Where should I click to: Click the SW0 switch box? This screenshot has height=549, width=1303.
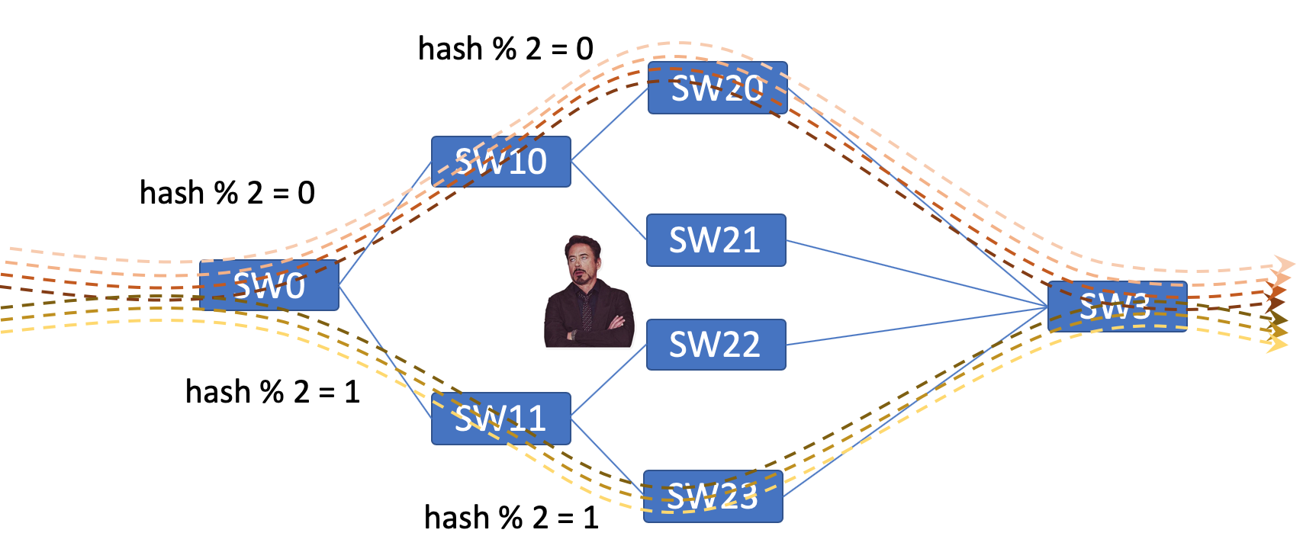[269, 285]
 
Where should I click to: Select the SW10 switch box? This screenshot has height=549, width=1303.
[501, 162]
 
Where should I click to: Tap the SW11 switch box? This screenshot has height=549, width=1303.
[501, 419]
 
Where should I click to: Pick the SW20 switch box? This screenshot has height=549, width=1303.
[718, 88]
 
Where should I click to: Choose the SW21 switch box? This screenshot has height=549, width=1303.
[716, 240]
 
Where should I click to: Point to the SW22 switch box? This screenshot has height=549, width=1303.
[716, 345]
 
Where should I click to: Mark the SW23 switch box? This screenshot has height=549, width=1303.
[713, 496]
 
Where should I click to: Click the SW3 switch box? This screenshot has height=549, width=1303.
[1118, 307]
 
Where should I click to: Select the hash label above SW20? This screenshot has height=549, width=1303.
[506, 48]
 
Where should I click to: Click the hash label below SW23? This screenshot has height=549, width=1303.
[511, 517]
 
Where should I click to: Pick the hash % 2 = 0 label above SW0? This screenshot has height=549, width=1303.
[227, 192]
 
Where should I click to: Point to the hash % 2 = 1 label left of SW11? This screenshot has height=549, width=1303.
[273, 391]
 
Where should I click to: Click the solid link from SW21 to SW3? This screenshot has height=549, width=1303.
[917, 273]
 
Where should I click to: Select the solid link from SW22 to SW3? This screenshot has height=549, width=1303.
[917, 326]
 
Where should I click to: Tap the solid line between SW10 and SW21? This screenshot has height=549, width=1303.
[609, 201]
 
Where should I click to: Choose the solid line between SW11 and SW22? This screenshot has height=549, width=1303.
[609, 380]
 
